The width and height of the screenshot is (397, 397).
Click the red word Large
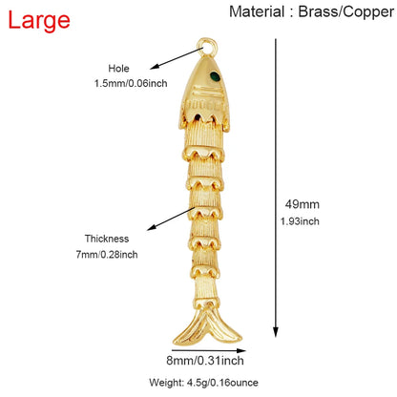(x=39, y=20)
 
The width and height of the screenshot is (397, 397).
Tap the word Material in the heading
(x=257, y=11)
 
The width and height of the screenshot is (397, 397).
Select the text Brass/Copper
(x=346, y=12)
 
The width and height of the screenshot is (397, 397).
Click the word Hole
(x=118, y=69)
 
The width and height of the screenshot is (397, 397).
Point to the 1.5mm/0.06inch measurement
(x=131, y=83)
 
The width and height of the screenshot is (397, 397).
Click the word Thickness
(x=107, y=239)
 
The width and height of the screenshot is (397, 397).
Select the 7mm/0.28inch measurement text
(x=107, y=255)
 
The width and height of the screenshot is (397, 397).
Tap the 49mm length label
(x=302, y=204)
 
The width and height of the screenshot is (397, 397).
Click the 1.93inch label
(x=300, y=221)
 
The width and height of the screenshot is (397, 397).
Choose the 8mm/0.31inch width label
(x=205, y=361)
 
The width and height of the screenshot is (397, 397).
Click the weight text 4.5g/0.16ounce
(x=222, y=383)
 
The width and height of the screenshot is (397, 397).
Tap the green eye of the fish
(x=216, y=76)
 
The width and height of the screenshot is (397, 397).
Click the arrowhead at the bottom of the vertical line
(x=276, y=332)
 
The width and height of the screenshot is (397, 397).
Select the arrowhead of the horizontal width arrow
(x=241, y=350)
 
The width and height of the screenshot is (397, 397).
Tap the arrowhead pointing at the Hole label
(x=155, y=67)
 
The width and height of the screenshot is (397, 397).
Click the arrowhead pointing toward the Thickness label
(x=152, y=227)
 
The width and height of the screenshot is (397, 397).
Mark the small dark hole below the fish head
(x=198, y=116)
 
